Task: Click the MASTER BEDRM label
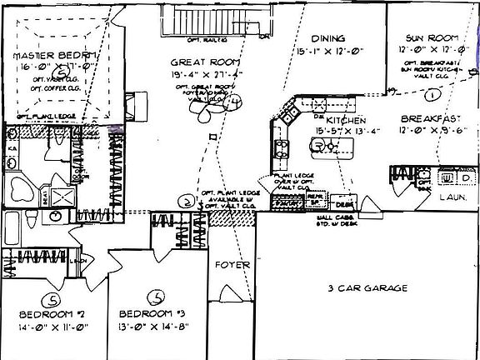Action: pyautogui.click(x=56, y=56)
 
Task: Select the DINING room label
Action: pyautogui.click(x=327, y=39)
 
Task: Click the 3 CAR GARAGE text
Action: pyautogui.click(x=367, y=288)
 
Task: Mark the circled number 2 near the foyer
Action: pyautogui.click(x=187, y=201)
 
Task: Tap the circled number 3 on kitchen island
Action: pyautogui.click(x=317, y=146)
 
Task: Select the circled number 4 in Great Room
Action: pyautogui.click(x=236, y=102)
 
